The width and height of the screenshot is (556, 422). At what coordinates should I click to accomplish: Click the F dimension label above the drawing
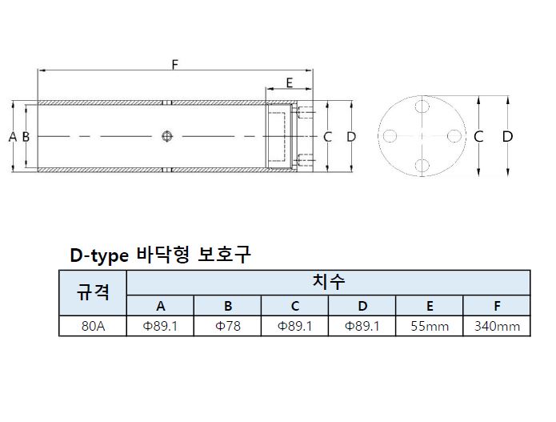(x=174, y=64)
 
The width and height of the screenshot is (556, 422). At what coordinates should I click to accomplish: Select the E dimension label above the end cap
(x=288, y=82)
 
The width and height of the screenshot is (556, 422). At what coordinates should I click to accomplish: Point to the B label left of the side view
(x=26, y=137)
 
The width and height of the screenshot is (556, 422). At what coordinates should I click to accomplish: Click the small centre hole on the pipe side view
(x=166, y=136)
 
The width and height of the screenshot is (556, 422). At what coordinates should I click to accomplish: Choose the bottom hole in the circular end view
(x=422, y=166)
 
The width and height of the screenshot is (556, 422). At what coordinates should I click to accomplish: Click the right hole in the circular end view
(x=452, y=136)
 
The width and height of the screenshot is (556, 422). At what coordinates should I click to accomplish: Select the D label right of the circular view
(x=507, y=137)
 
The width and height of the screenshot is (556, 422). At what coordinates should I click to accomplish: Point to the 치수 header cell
(x=328, y=282)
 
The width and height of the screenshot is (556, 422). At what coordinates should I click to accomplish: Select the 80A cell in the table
(x=93, y=326)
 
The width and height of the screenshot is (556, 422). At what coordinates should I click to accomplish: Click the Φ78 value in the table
(x=228, y=326)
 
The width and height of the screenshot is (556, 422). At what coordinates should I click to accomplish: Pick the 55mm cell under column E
(x=429, y=326)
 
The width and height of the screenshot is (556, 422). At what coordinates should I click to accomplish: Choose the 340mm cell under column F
(x=496, y=326)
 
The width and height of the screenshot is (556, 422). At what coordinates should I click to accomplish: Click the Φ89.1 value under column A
(x=160, y=326)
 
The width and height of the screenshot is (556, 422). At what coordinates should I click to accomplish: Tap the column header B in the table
(x=228, y=306)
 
